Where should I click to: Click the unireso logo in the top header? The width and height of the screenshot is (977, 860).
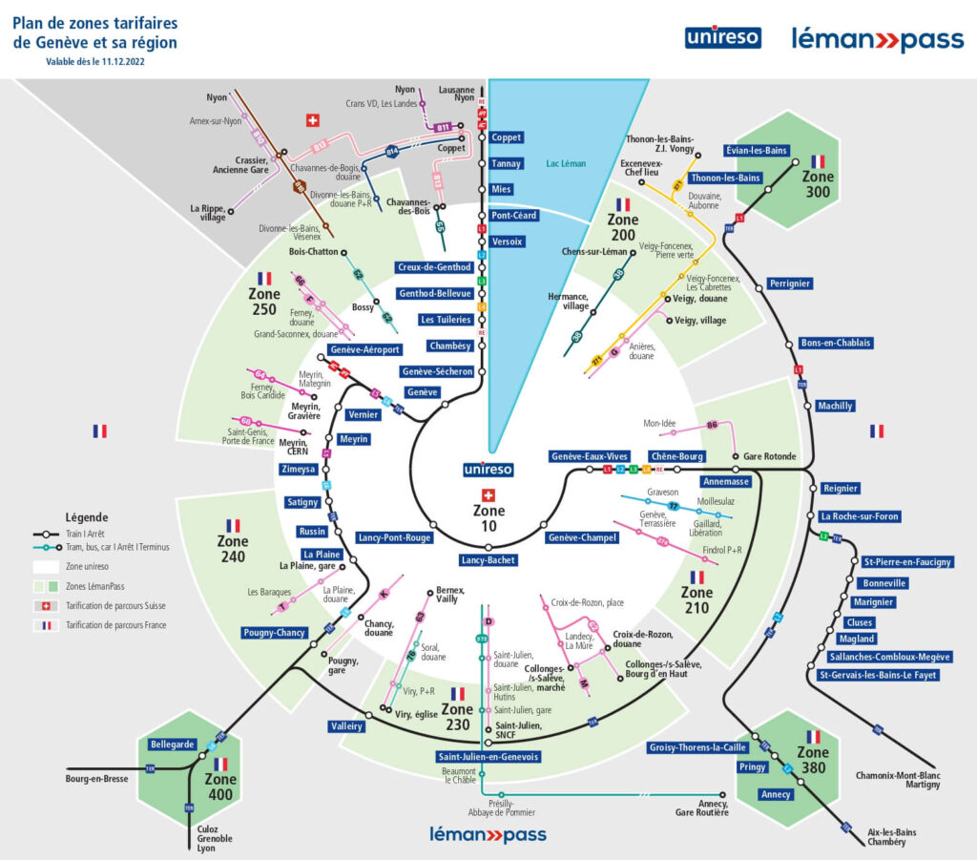722,38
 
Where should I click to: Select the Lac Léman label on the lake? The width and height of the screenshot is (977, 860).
566,163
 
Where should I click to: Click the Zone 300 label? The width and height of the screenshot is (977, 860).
818,183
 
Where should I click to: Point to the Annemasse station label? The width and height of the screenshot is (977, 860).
727,482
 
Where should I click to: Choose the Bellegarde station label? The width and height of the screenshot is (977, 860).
173,744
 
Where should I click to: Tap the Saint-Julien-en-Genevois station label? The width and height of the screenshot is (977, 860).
488,757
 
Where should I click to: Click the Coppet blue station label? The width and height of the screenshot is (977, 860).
506,137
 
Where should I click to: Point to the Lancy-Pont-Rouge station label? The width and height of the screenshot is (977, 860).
395,537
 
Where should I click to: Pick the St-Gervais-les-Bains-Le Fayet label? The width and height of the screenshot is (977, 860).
878,675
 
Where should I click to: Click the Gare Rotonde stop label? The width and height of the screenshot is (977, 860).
769,456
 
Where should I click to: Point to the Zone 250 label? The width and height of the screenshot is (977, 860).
264,302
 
